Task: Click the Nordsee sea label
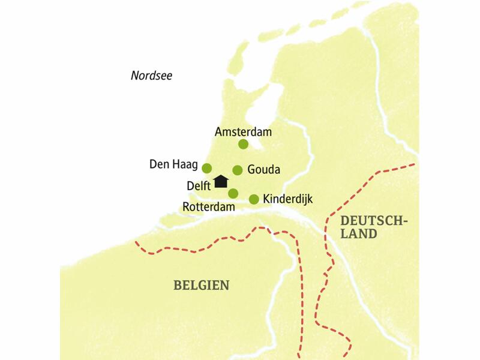(x=151, y=75)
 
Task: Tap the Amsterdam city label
(x=243, y=131)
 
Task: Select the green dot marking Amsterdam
(x=243, y=144)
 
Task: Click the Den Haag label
(x=173, y=163)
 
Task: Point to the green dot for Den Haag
(x=207, y=168)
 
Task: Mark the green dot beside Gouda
(x=238, y=170)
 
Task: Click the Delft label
(x=199, y=185)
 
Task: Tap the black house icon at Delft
(x=221, y=181)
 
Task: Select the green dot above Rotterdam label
(x=233, y=193)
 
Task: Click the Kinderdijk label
(x=288, y=199)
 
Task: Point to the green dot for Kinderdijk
(x=254, y=199)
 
